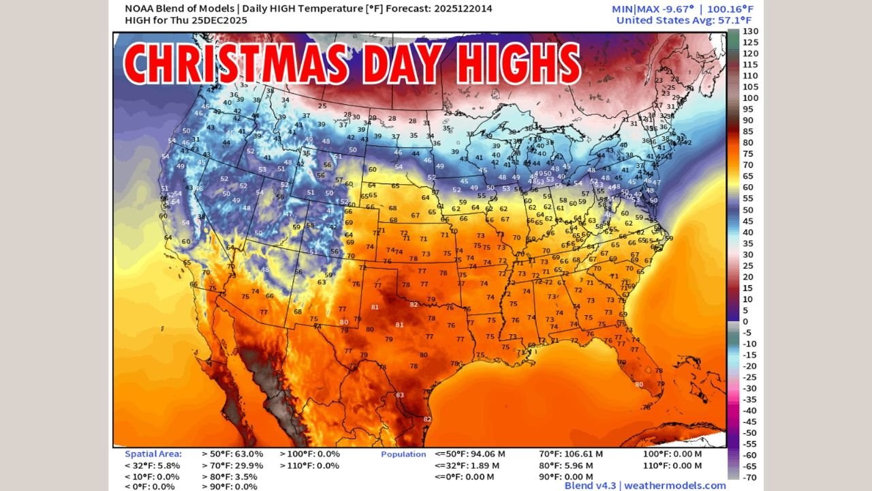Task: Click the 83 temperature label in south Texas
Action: (x=400, y=395)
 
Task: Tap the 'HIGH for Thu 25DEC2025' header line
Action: (x=181, y=20)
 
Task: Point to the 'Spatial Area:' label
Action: (x=153, y=453)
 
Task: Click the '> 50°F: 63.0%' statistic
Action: (x=232, y=453)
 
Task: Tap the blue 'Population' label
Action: (x=403, y=454)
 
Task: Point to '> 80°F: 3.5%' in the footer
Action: (x=230, y=476)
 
